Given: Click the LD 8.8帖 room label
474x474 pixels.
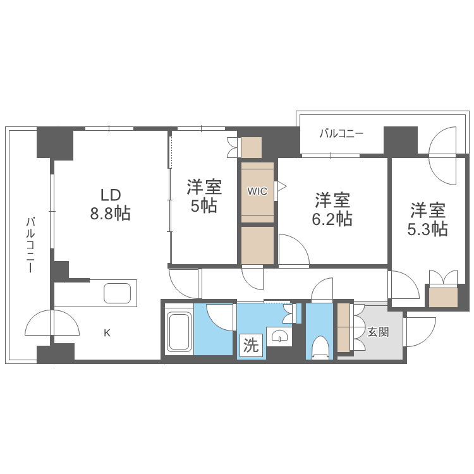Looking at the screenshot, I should tap(109, 204).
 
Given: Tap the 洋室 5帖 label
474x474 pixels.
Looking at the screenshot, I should tap(204, 197).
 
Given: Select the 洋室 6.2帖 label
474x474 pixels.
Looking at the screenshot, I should tap(333, 209).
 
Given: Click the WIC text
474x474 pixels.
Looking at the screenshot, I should tap(257, 190).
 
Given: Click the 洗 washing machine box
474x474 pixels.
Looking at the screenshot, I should tap(251, 345).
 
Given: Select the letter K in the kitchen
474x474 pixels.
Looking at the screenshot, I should tap(107, 333).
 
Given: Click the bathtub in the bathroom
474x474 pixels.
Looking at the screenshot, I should tap(179, 332).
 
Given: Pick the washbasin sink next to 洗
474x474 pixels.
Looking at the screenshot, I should tap(279, 337).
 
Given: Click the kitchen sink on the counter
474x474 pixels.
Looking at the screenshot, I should tap(118, 294).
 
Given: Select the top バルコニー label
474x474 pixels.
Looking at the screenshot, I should tap(341, 133).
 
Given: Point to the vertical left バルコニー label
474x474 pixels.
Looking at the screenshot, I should tap(29, 245).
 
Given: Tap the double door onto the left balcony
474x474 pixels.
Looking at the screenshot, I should tap(53, 324).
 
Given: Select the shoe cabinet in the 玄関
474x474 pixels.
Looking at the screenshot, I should tap(343, 328).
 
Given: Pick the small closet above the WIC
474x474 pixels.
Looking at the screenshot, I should tap(251, 147).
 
